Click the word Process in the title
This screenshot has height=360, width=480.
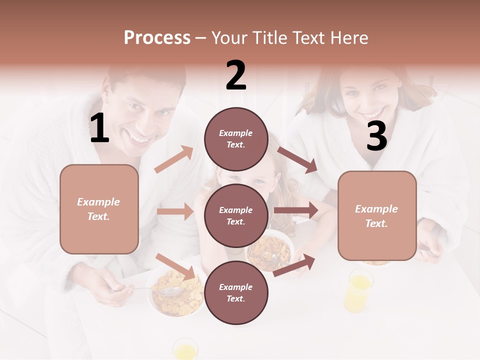tap(157, 38)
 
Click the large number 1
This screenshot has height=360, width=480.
tap(99, 129)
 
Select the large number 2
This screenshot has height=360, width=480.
tap(236, 75)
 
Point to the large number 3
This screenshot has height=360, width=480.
tap(376, 136)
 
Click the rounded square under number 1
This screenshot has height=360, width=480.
tap(99, 209)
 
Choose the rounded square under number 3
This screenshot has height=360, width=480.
tap(377, 216)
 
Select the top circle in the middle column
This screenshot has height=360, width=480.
tap(236, 139)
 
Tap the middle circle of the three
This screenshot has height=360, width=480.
tap(236, 215)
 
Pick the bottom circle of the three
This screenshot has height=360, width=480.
tap(236, 292)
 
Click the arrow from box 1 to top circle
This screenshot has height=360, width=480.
tap(174, 159)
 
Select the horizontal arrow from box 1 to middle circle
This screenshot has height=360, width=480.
tap(175, 211)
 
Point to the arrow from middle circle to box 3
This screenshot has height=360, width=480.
tap(296, 210)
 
